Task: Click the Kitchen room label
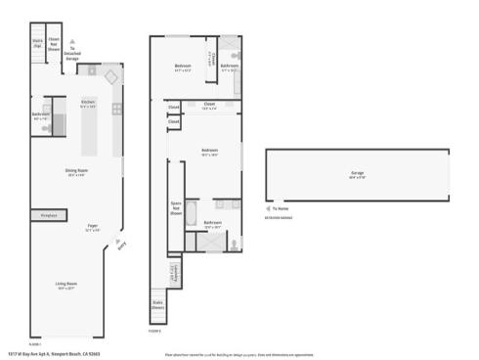coord(88,103)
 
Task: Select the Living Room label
coord(65,286)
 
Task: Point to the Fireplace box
coord(48,215)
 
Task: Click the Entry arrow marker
coord(121,246)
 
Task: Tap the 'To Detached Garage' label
coord(71,56)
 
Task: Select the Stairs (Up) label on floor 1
coord(37,43)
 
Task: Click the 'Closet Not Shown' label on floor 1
coord(55,43)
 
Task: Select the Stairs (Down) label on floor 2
coord(158,303)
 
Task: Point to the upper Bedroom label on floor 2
coord(182,68)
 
